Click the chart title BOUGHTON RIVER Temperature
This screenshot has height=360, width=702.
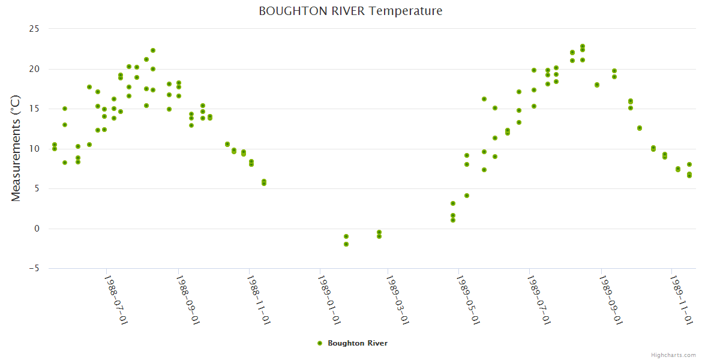[x=350, y=11]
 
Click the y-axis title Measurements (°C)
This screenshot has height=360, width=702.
[x=16, y=148]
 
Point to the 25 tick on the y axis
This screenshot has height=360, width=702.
[x=34, y=29]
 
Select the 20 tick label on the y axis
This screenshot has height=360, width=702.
[x=34, y=69]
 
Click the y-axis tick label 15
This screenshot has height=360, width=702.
[x=34, y=109]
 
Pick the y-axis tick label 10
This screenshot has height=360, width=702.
[x=34, y=149]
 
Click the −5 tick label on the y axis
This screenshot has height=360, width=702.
[x=32, y=268]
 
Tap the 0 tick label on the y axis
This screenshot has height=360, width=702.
[x=37, y=229]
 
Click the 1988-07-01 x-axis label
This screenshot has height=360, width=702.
[x=116, y=299]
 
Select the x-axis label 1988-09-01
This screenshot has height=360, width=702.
[x=187, y=299]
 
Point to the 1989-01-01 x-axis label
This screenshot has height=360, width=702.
[x=329, y=299]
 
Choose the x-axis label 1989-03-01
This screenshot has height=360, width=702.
[x=398, y=299]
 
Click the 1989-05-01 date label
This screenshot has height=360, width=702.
[x=469, y=299]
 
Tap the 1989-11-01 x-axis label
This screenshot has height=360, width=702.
[x=682, y=299]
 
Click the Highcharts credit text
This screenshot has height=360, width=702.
[x=673, y=355]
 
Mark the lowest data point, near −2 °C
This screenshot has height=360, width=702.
[x=346, y=244]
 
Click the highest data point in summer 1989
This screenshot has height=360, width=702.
[x=583, y=46]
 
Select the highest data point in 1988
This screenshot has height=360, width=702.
[x=153, y=50]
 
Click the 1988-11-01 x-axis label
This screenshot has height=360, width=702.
[x=259, y=299]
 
